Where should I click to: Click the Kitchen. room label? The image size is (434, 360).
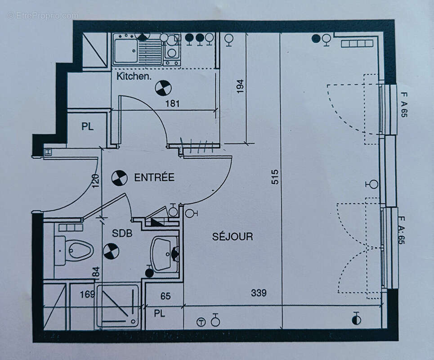click(x=134, y=76)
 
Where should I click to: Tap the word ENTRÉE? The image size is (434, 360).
click(x=154, y=177)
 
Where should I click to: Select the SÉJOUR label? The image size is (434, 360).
click(x=233, y=236)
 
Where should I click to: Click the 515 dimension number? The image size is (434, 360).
click(x=275, y=176)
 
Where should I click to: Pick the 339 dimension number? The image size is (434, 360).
click(x=259, y=293)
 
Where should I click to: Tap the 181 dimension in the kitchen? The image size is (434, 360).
click(x=172, y=103)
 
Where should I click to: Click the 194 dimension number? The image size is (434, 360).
click(x=240, y=86)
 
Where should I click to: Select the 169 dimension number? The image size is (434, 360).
click(x=88, y=295)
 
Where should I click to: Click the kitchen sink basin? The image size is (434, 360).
click(x=125, y=51)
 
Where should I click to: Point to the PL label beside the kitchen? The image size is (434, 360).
click(x=88, y=127)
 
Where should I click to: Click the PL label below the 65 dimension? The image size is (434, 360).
click(x=160, y=313)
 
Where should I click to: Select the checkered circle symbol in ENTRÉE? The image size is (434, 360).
click(x=119, y=178)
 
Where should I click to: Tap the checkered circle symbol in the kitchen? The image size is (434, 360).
click(x=163, y=88)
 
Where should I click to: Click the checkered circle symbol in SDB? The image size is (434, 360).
click(x=111, y=251)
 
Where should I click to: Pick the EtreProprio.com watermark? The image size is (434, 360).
click(x=43, y=16)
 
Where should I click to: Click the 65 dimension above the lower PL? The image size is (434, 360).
click(x=166, y=296)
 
